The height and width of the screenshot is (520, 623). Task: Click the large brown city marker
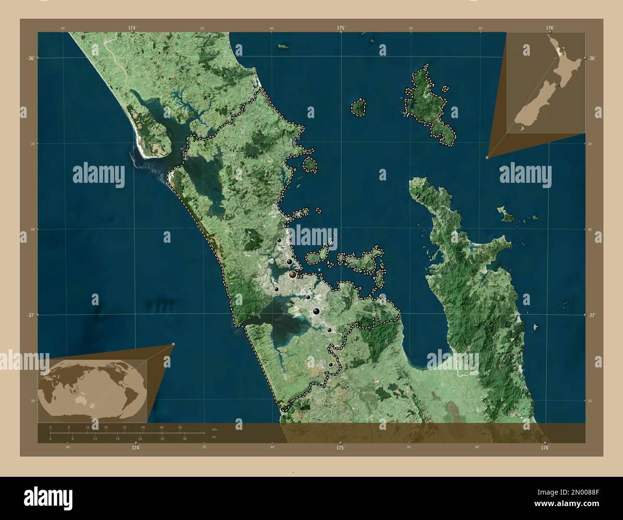[x=292, y=274]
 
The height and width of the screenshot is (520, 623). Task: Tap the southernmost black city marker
[x=330, y=365]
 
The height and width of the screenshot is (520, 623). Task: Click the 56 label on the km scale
[x=180, y=427]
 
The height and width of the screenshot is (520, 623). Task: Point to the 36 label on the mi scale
[x=185, y=439]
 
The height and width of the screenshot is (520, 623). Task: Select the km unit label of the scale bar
[x=214, y=429]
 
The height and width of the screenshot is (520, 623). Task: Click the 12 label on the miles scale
[x=95, y=439]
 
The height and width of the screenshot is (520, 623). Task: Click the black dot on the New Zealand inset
[x=560, y=85]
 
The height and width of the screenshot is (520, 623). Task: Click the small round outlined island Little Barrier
[x=358, y=107]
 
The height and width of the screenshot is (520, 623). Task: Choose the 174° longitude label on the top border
[x=132, y=28]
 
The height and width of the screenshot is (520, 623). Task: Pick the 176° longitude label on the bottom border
[x=544, y=448]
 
